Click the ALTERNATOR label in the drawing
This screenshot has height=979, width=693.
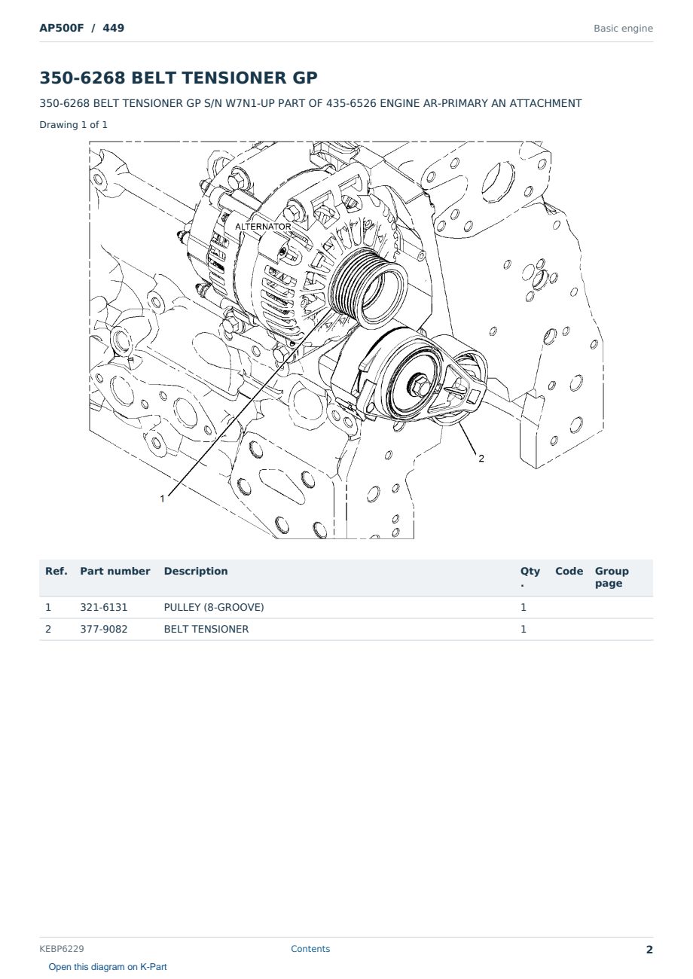pos(263,227)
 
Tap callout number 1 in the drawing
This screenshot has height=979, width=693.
pos(162,499)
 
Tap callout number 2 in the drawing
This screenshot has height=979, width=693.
pos(481,458)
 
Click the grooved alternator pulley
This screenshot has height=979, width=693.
pos(368,288)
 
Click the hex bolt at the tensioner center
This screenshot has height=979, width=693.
pos(418,386)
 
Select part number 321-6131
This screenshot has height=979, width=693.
pos(104,607)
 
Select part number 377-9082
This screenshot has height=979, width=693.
pos(104,629)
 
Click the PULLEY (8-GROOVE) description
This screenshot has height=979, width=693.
pos(214,607)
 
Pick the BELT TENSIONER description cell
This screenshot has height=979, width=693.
pos(206,629)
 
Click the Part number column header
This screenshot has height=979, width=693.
pos(115,571)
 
